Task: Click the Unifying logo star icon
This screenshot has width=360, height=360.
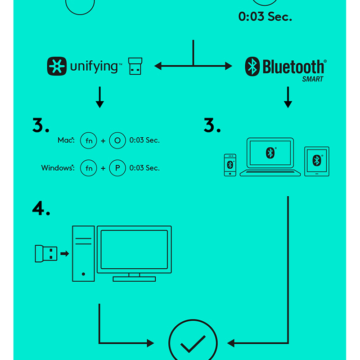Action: tap(57, 66)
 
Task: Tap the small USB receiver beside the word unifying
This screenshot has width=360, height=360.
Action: tap(135, 66)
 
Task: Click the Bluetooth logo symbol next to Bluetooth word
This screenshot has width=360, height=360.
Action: tap(252, 67)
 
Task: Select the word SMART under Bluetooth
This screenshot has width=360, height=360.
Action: tap(313, 79)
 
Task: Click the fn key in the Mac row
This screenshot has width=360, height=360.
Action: tap(89, 140)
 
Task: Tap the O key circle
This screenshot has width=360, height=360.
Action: tap(117, 140)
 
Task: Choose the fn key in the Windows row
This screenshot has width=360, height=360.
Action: tap(89, 168)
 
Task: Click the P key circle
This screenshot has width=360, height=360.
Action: tap(117, 168)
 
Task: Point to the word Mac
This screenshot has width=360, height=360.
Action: tap(65, 140)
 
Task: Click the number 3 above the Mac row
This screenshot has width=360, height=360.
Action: tap(40, 126)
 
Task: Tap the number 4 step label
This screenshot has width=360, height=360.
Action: tap(41, 208)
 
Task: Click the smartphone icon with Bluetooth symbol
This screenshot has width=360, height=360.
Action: tap(230, 165)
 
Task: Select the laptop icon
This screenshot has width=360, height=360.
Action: tap(270, 157)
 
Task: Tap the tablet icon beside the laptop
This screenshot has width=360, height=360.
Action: tap(317, 161)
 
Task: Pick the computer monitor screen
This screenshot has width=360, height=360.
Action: tap(134, 250)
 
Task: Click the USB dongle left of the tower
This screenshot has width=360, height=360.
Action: tap(46, 254)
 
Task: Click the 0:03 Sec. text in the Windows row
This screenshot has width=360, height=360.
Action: tap(144, 168)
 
